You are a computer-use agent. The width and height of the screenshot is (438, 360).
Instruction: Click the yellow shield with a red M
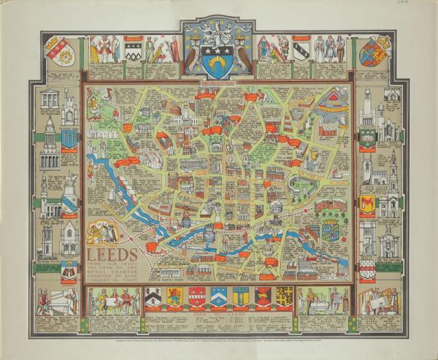coord(367,204)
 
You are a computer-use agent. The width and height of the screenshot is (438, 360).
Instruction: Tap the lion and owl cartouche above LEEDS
coord(101,233)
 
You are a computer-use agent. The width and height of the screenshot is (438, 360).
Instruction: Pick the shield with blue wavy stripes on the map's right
coord(330,232)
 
